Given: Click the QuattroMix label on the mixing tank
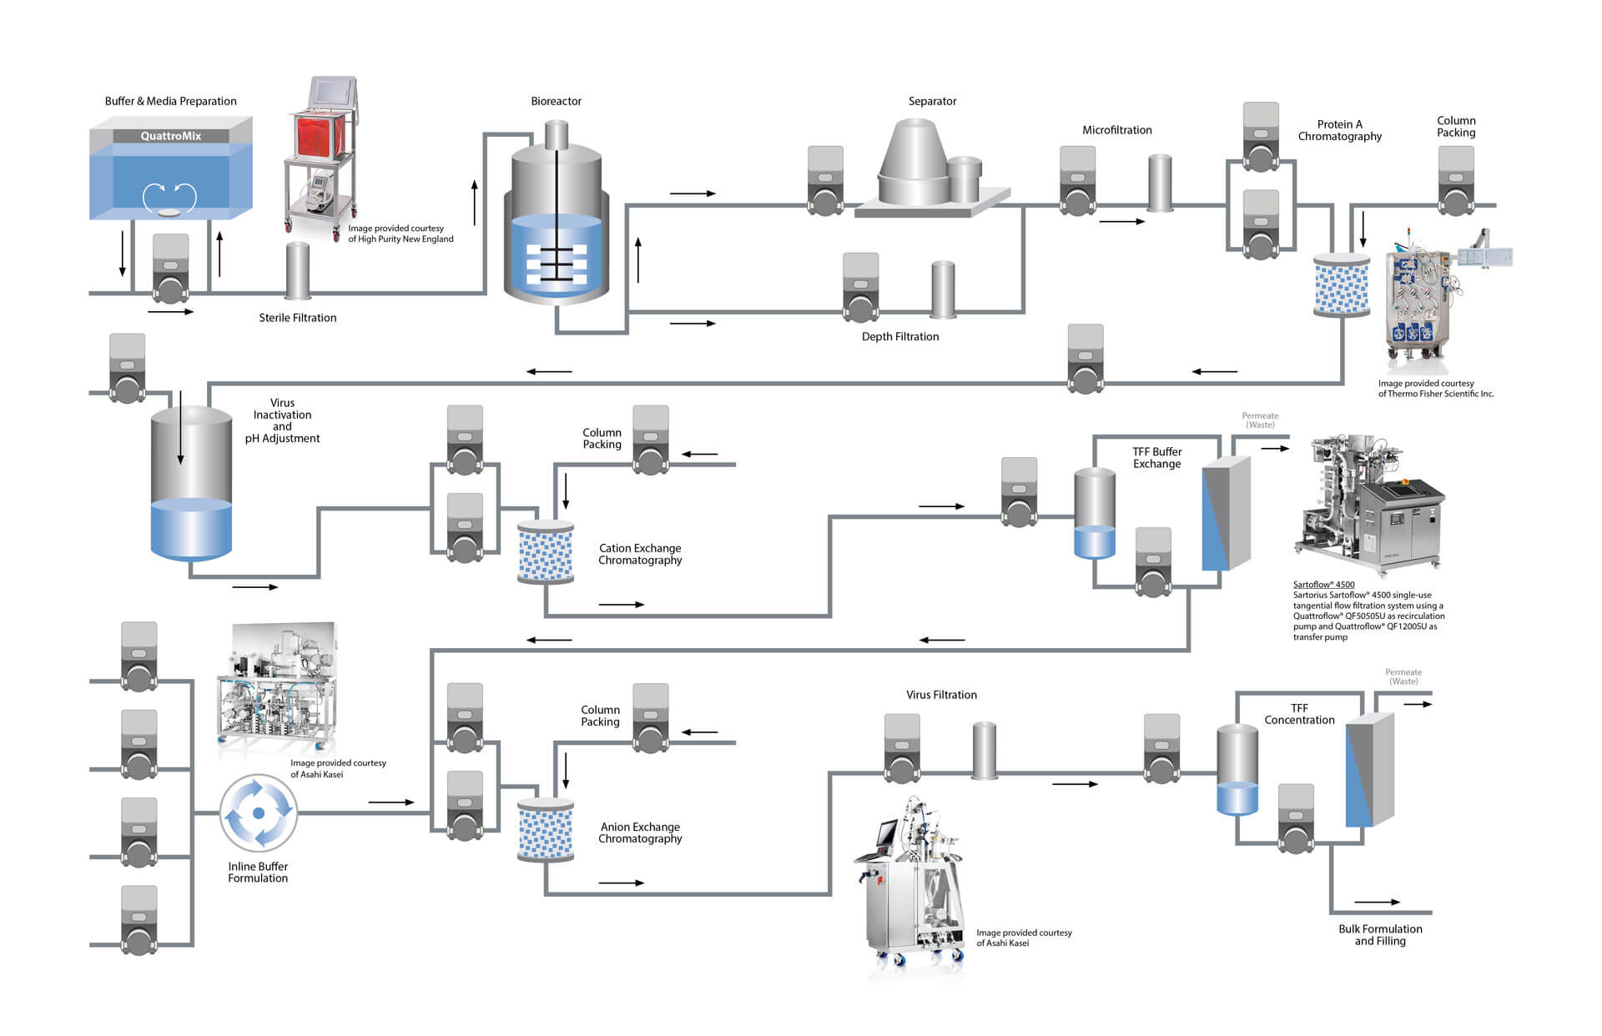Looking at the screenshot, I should [x=170, y=136].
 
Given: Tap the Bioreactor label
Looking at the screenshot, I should [x=556, y=101].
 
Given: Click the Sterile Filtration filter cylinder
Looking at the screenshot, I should [x=298, y=270].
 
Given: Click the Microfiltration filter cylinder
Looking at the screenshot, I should [x=1160, y=182].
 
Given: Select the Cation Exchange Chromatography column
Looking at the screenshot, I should [x=546, y=551].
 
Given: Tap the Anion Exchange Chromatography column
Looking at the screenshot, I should [x=546, y=829].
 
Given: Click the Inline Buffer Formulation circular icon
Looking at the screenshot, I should [x=259, y=812].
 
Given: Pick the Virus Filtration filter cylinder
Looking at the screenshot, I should [x=985, y=750].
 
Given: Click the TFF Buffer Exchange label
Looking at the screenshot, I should [x=1156, y=458].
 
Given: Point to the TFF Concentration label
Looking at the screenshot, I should [x=1299, y=714].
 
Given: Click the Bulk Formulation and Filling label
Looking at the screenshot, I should [x=1380, y=934].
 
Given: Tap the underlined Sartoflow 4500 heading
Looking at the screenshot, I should [x=1323, y=585].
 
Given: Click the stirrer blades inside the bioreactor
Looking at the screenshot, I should [x=557, y=261].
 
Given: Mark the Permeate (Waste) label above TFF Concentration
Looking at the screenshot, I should [x=1403, y=676].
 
